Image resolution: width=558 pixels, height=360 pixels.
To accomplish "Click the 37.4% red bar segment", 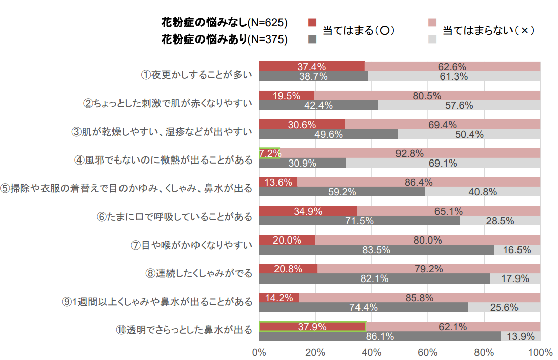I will pyautogui.click(x=311, y=66).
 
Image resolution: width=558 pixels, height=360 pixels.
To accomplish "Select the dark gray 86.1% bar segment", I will pyautogui.click(x=380, y=336).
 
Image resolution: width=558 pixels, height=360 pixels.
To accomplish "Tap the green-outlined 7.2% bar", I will pyautogui.click(x=269, y=153).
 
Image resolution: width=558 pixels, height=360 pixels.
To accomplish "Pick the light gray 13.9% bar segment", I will pyautogui.click(x=521, y=336).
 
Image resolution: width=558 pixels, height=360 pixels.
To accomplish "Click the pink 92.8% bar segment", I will pyautogui.click(x=410, y=153).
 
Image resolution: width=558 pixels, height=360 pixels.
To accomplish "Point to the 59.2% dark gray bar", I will pyautogui.click(x=342, y=192).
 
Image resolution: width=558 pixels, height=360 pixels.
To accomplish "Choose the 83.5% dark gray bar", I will pyautogui.click(x=376, y=250).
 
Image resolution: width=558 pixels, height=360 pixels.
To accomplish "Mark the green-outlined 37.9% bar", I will pyautogui.click(x=312, y=327).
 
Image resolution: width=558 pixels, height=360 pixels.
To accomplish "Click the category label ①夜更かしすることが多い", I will pyautogui.click(x=196, y=75).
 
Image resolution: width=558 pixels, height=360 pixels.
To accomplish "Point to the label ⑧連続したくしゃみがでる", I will pyautogui.click(x=198, y=274).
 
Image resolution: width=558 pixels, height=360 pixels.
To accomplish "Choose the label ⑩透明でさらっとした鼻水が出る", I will pyautogui.click(x=184, y=330).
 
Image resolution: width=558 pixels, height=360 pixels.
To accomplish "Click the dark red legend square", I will pyautogui.click(x=312, y=22).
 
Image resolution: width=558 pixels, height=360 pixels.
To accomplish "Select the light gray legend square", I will pyautogui.click(x=432, y=39).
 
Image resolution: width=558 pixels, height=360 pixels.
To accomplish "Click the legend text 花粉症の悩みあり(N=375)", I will pyautogui.click(x=224, y=38).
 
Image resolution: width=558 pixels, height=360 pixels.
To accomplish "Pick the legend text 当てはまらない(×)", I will pyautogui.click(x=489, y=30).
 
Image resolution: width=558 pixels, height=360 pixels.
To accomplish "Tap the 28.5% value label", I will pyautogui.click(x=500, y=221).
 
